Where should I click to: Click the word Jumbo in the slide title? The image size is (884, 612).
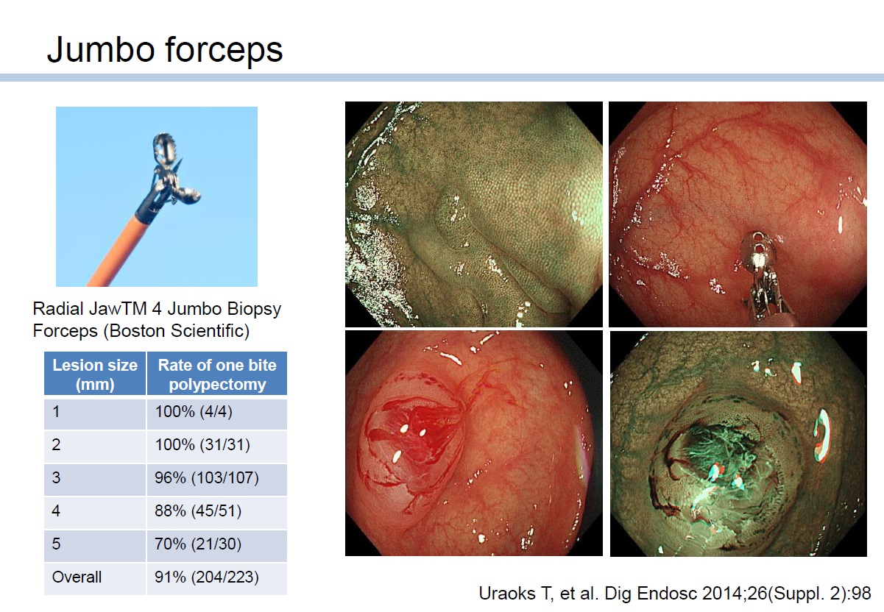(x=100, y=49)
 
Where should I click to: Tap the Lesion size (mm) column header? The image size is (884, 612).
(x=95, y=374)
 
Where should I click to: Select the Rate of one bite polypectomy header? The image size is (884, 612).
(x=217, y=374)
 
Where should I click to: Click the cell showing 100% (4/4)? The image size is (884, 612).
(x=194, y=412)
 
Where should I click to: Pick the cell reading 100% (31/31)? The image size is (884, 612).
(x=202, y=445)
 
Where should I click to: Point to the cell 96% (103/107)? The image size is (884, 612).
(x=207, y=478)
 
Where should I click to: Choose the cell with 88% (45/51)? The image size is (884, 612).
(x=198, y=511)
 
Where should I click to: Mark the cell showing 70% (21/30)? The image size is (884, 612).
(x=198, y=544)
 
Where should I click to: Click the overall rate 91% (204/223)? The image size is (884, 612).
(x=207, y=577)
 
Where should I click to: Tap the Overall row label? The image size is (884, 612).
(x=77, y=577)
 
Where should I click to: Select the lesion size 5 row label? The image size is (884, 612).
(x=56, y=544)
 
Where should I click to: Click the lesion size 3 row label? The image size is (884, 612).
(x=56, y=478)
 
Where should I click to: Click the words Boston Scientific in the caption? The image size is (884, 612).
(x=176, y=330)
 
